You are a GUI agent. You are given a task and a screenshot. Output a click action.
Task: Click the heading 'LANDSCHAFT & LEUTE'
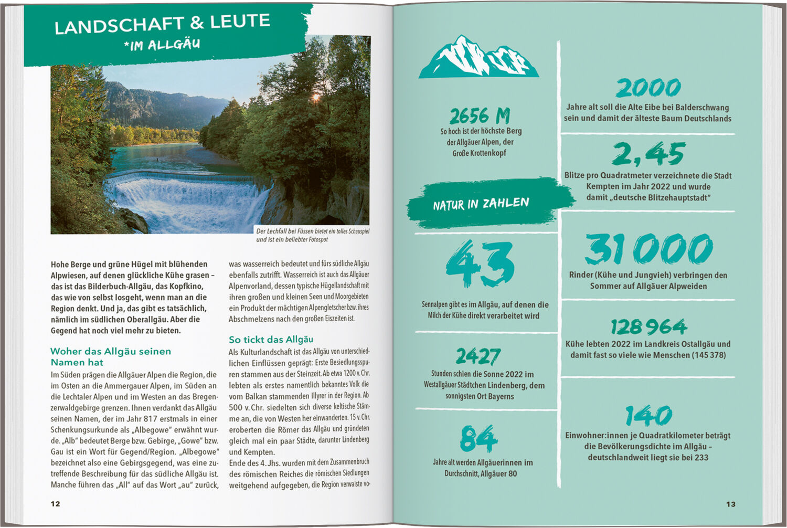162,24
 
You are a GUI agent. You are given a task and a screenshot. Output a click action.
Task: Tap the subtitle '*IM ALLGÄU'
162,45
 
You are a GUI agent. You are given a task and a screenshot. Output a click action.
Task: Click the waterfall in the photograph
184,202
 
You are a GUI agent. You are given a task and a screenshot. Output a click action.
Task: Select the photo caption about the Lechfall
312,235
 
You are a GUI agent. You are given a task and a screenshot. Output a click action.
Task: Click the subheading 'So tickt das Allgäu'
271,340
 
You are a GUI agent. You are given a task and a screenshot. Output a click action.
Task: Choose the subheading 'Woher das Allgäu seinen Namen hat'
111,356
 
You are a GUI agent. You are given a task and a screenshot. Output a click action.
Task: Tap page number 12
56,504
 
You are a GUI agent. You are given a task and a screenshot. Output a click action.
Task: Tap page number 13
731,504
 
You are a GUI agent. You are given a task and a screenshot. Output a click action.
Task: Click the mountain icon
478,58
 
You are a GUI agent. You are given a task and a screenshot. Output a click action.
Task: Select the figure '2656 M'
480,116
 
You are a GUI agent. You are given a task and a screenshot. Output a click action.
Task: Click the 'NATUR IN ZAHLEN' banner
481,204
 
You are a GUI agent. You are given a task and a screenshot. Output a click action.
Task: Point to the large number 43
480,264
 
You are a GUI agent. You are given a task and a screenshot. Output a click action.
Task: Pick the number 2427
478,357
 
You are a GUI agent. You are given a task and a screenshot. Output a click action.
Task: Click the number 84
478,438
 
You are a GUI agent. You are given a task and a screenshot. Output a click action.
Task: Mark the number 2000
648,88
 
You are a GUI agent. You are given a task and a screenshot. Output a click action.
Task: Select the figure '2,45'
648,154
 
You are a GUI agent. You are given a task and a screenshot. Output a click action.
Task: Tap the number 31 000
648,249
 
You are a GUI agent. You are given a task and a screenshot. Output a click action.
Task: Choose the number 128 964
648,327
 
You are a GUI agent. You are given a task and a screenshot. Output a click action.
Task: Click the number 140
648,416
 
